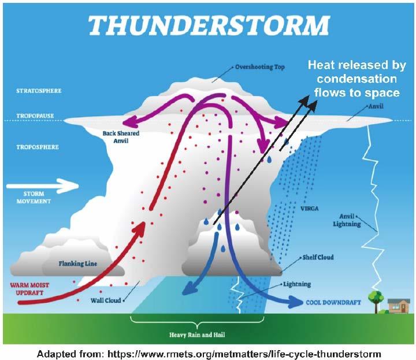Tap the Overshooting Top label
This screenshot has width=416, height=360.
click(x=259, y=67)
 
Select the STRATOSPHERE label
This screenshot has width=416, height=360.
click(x=39, y=91)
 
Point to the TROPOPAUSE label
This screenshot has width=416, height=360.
click(x=36, y=114)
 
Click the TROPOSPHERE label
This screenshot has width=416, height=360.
click(x=38, y=147)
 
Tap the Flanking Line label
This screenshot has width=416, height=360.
click(x=77, y=264)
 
